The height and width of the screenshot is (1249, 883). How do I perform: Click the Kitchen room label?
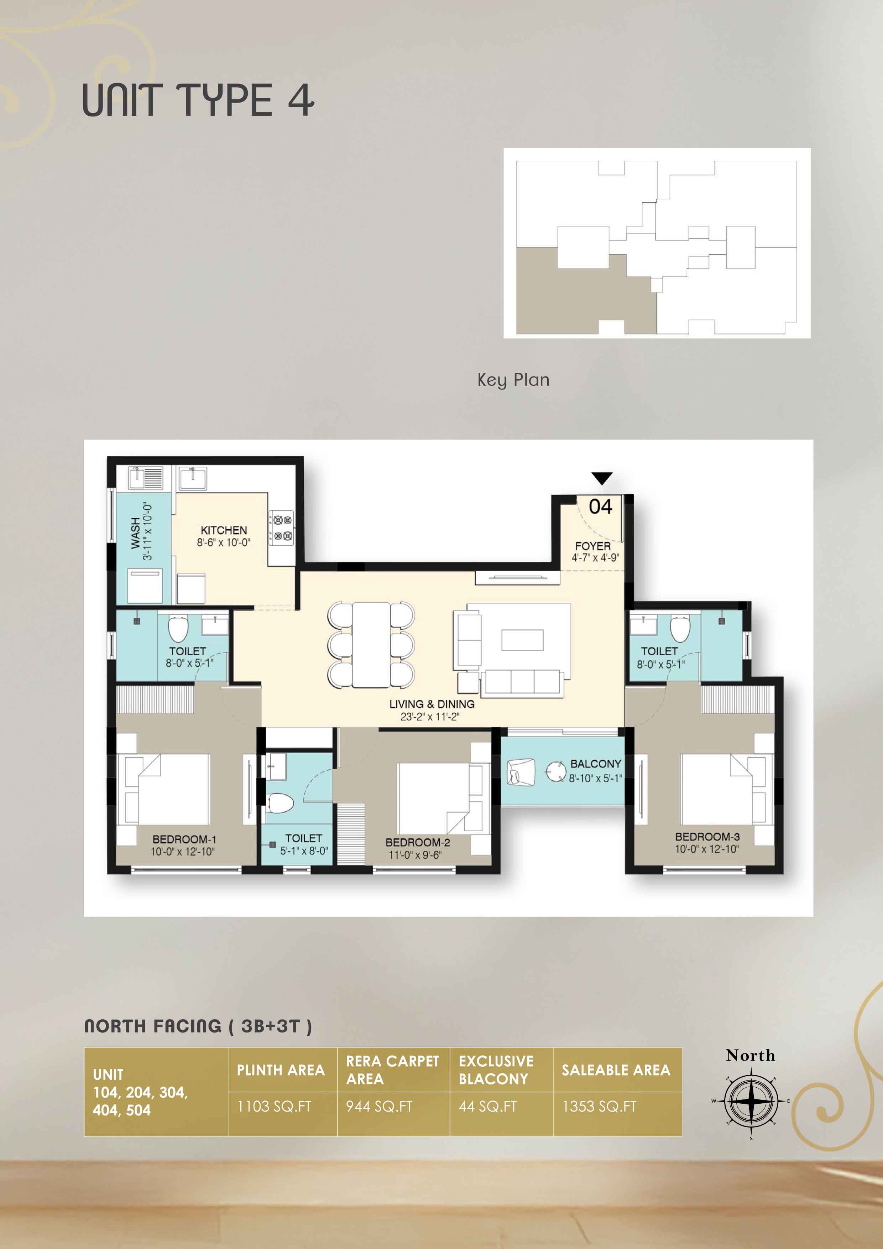[224, 530]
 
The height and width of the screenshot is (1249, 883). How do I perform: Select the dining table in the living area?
[371, 645]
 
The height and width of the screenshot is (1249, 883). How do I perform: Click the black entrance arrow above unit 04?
[601, 478]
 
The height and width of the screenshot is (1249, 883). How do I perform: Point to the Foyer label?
[593, 546]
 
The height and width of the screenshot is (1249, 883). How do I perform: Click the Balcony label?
[595, 764]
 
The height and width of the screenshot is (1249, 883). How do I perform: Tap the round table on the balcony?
[556, 771]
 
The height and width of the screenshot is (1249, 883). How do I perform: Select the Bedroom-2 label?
[418, 842]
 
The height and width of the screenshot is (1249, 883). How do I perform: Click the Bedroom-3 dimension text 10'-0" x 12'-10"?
[707, 849]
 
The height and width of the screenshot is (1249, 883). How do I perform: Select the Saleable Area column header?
[616, 1070]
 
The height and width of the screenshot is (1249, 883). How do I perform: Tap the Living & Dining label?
[432, 704]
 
